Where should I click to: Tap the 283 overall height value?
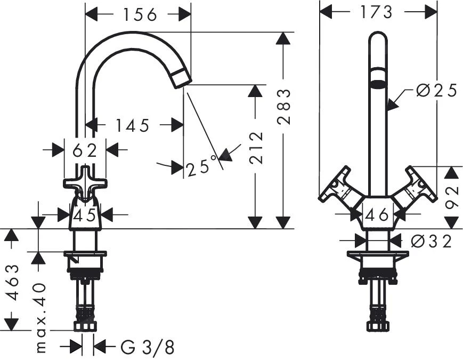click(285, 107)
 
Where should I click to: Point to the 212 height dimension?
click(257, 149)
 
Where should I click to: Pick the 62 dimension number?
click(85, 151)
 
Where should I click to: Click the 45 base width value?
click(85, 215)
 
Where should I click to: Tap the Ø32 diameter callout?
click(431, 241)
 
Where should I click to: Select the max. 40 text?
click(42, 317)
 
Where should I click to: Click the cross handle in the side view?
click(85, 183)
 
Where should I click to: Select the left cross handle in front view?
click(336, 186)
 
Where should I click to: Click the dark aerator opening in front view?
click(378, 83)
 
